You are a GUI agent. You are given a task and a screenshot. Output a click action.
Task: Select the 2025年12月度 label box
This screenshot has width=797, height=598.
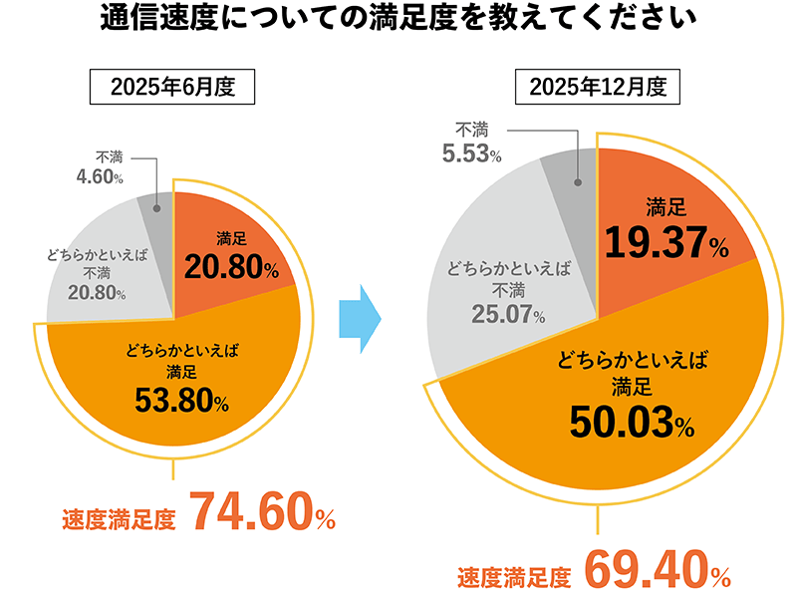(596, 86)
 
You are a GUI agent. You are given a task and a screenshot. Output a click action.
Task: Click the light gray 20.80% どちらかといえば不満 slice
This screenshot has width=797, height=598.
(100, 269)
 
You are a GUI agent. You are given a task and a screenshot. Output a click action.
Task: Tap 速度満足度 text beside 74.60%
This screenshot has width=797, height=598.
(119, 519)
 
